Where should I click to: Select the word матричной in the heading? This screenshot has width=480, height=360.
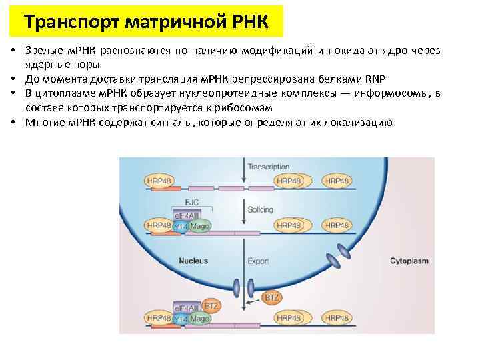tap(167, 23)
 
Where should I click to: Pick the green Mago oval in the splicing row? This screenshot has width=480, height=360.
tap(200, 227)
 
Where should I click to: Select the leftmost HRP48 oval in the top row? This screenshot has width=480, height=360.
tap(159, 181)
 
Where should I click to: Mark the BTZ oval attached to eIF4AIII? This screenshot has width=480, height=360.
tap(211, 306)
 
